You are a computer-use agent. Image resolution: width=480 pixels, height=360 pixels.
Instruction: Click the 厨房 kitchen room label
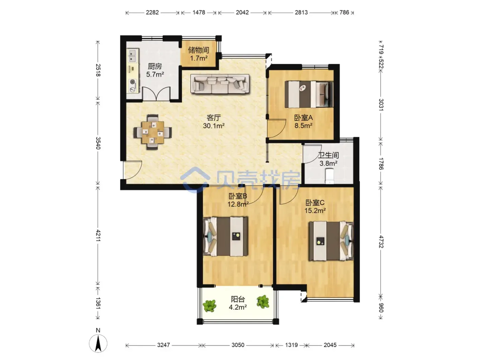coord(155,66)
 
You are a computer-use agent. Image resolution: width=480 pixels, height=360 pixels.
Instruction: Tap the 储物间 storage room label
coord(199,50)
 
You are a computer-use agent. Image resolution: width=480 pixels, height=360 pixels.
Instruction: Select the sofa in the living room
coord(220,84)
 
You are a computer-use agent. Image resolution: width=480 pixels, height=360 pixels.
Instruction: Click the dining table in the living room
coord(153,132)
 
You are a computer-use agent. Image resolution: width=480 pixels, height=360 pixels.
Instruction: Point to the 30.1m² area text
coord(214,126)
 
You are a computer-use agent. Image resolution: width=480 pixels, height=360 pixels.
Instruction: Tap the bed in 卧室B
coord(226,236)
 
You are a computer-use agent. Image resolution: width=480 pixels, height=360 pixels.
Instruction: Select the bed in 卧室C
coord(331,241)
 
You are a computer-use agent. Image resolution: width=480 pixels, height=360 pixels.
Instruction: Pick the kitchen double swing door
coord(156,94)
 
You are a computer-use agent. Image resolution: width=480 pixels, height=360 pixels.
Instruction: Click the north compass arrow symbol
coord(98,344)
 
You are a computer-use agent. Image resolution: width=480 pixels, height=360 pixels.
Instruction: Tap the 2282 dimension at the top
coord(152,12)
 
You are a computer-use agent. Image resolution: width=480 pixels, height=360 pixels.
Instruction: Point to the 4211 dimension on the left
coord(98,236)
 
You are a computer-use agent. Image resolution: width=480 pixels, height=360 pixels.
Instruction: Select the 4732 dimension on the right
coord(381,242)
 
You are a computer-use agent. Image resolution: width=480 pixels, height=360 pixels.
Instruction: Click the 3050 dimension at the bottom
coord(238,345)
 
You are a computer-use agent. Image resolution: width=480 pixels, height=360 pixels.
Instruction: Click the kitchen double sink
coord(133,56)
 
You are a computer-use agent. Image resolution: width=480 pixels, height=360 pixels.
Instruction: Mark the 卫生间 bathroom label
coord(328,155)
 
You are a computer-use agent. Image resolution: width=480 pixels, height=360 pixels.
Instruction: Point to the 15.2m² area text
coord(315,211)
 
